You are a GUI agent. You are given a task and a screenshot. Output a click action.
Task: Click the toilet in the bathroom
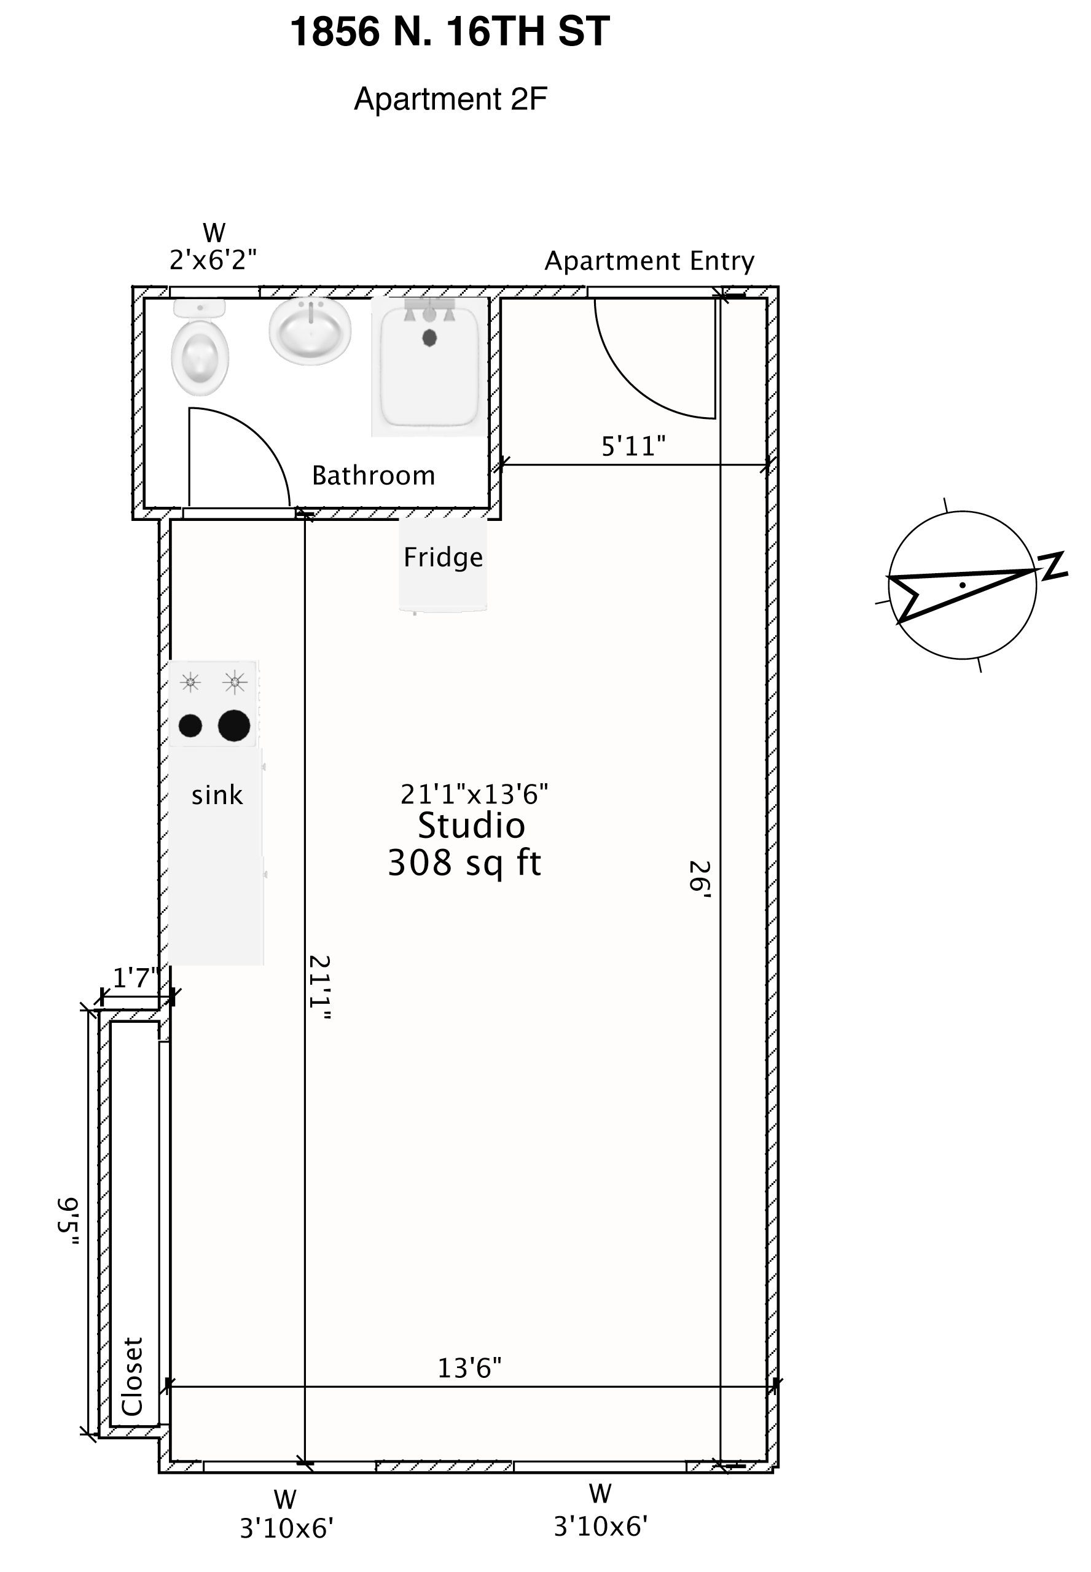(x=200, y=347)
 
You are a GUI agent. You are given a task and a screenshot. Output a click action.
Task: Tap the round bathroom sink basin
(x=310, y=331)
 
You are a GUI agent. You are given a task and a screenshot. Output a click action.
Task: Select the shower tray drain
(x=429, y=338)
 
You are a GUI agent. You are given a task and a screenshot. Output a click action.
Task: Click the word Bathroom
(x=373, y=475)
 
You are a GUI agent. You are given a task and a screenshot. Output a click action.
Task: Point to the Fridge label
(x=443, y=558)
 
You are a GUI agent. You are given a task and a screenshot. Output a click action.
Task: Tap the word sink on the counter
(x=217, y=796)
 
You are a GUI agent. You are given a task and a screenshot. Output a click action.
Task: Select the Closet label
(x=132, y=1377)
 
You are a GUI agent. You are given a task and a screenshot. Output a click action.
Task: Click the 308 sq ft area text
(x=464, y=862)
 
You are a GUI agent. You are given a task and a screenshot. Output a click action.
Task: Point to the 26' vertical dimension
(x=700, y=877)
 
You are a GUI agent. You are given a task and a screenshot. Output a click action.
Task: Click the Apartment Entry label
(x=649, y=261)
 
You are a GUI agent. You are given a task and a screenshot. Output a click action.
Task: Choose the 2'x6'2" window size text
(x=213, y=260)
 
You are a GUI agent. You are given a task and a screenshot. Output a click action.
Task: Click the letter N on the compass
(x=1053, y=566)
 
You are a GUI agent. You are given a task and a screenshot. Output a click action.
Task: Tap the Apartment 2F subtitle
(x=450, y=99)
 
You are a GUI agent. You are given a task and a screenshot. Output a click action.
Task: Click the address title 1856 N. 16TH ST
(x=450, y=32)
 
